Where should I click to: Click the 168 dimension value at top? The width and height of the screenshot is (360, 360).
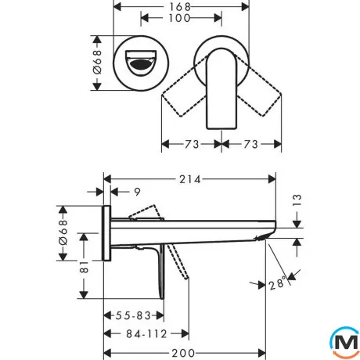click(180, 7)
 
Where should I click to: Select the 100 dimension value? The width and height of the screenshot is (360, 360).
click(179, 18)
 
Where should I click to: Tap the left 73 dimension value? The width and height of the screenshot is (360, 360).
click(192, 144)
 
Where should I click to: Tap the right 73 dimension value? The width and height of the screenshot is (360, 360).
click(251, 144)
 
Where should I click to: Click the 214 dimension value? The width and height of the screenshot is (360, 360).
click(190, 179)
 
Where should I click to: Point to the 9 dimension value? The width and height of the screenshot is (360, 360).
click(137, 192)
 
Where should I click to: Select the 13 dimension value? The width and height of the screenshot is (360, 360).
click(297, 200)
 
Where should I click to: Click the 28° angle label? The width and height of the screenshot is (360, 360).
click(276, 284)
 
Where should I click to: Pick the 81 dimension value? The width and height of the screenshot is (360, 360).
click(84, 267)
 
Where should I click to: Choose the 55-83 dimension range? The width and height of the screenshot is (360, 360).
click(133, 315)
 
